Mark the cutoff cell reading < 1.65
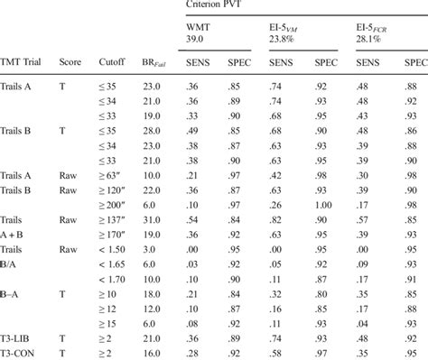(113, 264)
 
